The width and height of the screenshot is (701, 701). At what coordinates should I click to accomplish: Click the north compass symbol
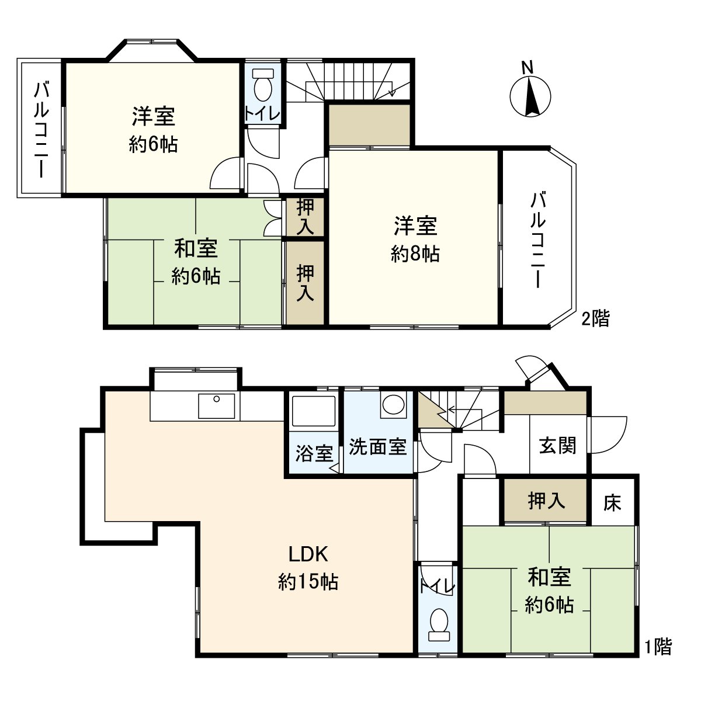(x=530, y=95)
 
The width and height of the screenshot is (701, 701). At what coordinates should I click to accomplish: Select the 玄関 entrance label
(x=557, y=446)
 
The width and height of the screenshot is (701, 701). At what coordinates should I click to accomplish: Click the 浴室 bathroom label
(x=314, y=453)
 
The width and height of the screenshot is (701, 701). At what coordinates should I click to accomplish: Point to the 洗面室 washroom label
(x=377, y=447)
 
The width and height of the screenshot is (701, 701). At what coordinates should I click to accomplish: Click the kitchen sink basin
(x=216, y=405)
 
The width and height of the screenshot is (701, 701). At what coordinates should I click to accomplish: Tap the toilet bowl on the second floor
(x=264, y=88)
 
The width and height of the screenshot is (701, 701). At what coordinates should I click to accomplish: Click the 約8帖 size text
(x=415, y=254)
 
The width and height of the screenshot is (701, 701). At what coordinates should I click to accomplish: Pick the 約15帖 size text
(x=308, y=582)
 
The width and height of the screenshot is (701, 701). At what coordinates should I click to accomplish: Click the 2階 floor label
(x=595, y=318)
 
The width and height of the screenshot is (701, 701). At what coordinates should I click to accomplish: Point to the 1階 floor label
(x=658, y=647)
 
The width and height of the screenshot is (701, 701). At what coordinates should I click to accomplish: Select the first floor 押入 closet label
(x=546, y=501)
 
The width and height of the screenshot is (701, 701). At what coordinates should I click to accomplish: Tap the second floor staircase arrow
(x=391, y=91)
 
